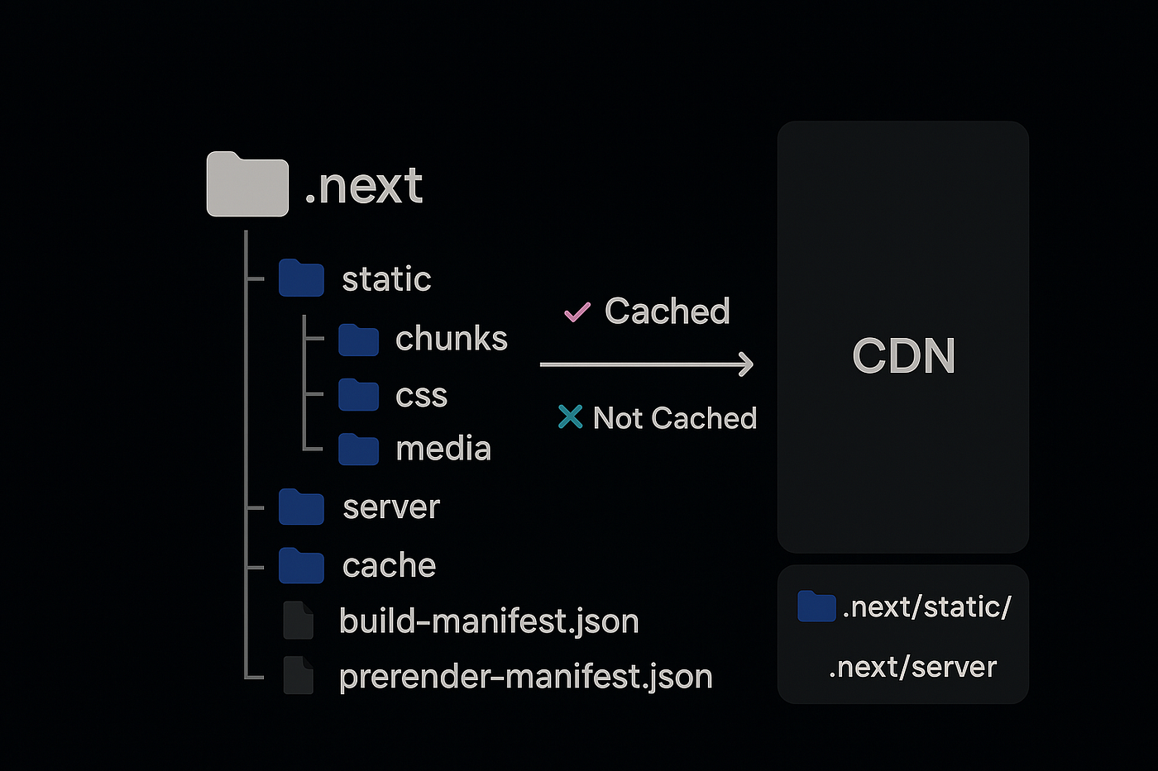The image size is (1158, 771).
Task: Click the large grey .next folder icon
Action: pos(247,185)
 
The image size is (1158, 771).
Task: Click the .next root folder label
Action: pos(364,186)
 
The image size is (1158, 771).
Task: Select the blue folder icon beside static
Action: pos(301,278)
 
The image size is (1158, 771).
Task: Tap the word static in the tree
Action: pos(386,279)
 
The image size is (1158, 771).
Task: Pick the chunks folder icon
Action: pos(358,340)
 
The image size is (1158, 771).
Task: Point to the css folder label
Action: pos(421,396)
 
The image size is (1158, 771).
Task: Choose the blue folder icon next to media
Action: pos(358,449)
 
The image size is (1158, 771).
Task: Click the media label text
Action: pos(443,449)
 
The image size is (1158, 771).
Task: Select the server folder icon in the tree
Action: pos(301,507)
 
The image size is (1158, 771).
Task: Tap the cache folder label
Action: pos(389,566)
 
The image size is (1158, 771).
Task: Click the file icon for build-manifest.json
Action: pos(298,621)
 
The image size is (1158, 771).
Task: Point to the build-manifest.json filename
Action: pos(489,621)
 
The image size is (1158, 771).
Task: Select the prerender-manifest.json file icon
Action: pos(298,676)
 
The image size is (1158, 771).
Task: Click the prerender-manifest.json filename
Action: pos(525,677)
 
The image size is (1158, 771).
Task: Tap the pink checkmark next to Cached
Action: pos(577,312)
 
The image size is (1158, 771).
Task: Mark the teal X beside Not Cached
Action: pos(570,417)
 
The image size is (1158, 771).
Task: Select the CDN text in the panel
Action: pos(903,356)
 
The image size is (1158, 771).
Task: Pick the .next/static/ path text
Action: pos(926,607)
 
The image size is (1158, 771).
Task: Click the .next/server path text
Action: pos(912,667)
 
